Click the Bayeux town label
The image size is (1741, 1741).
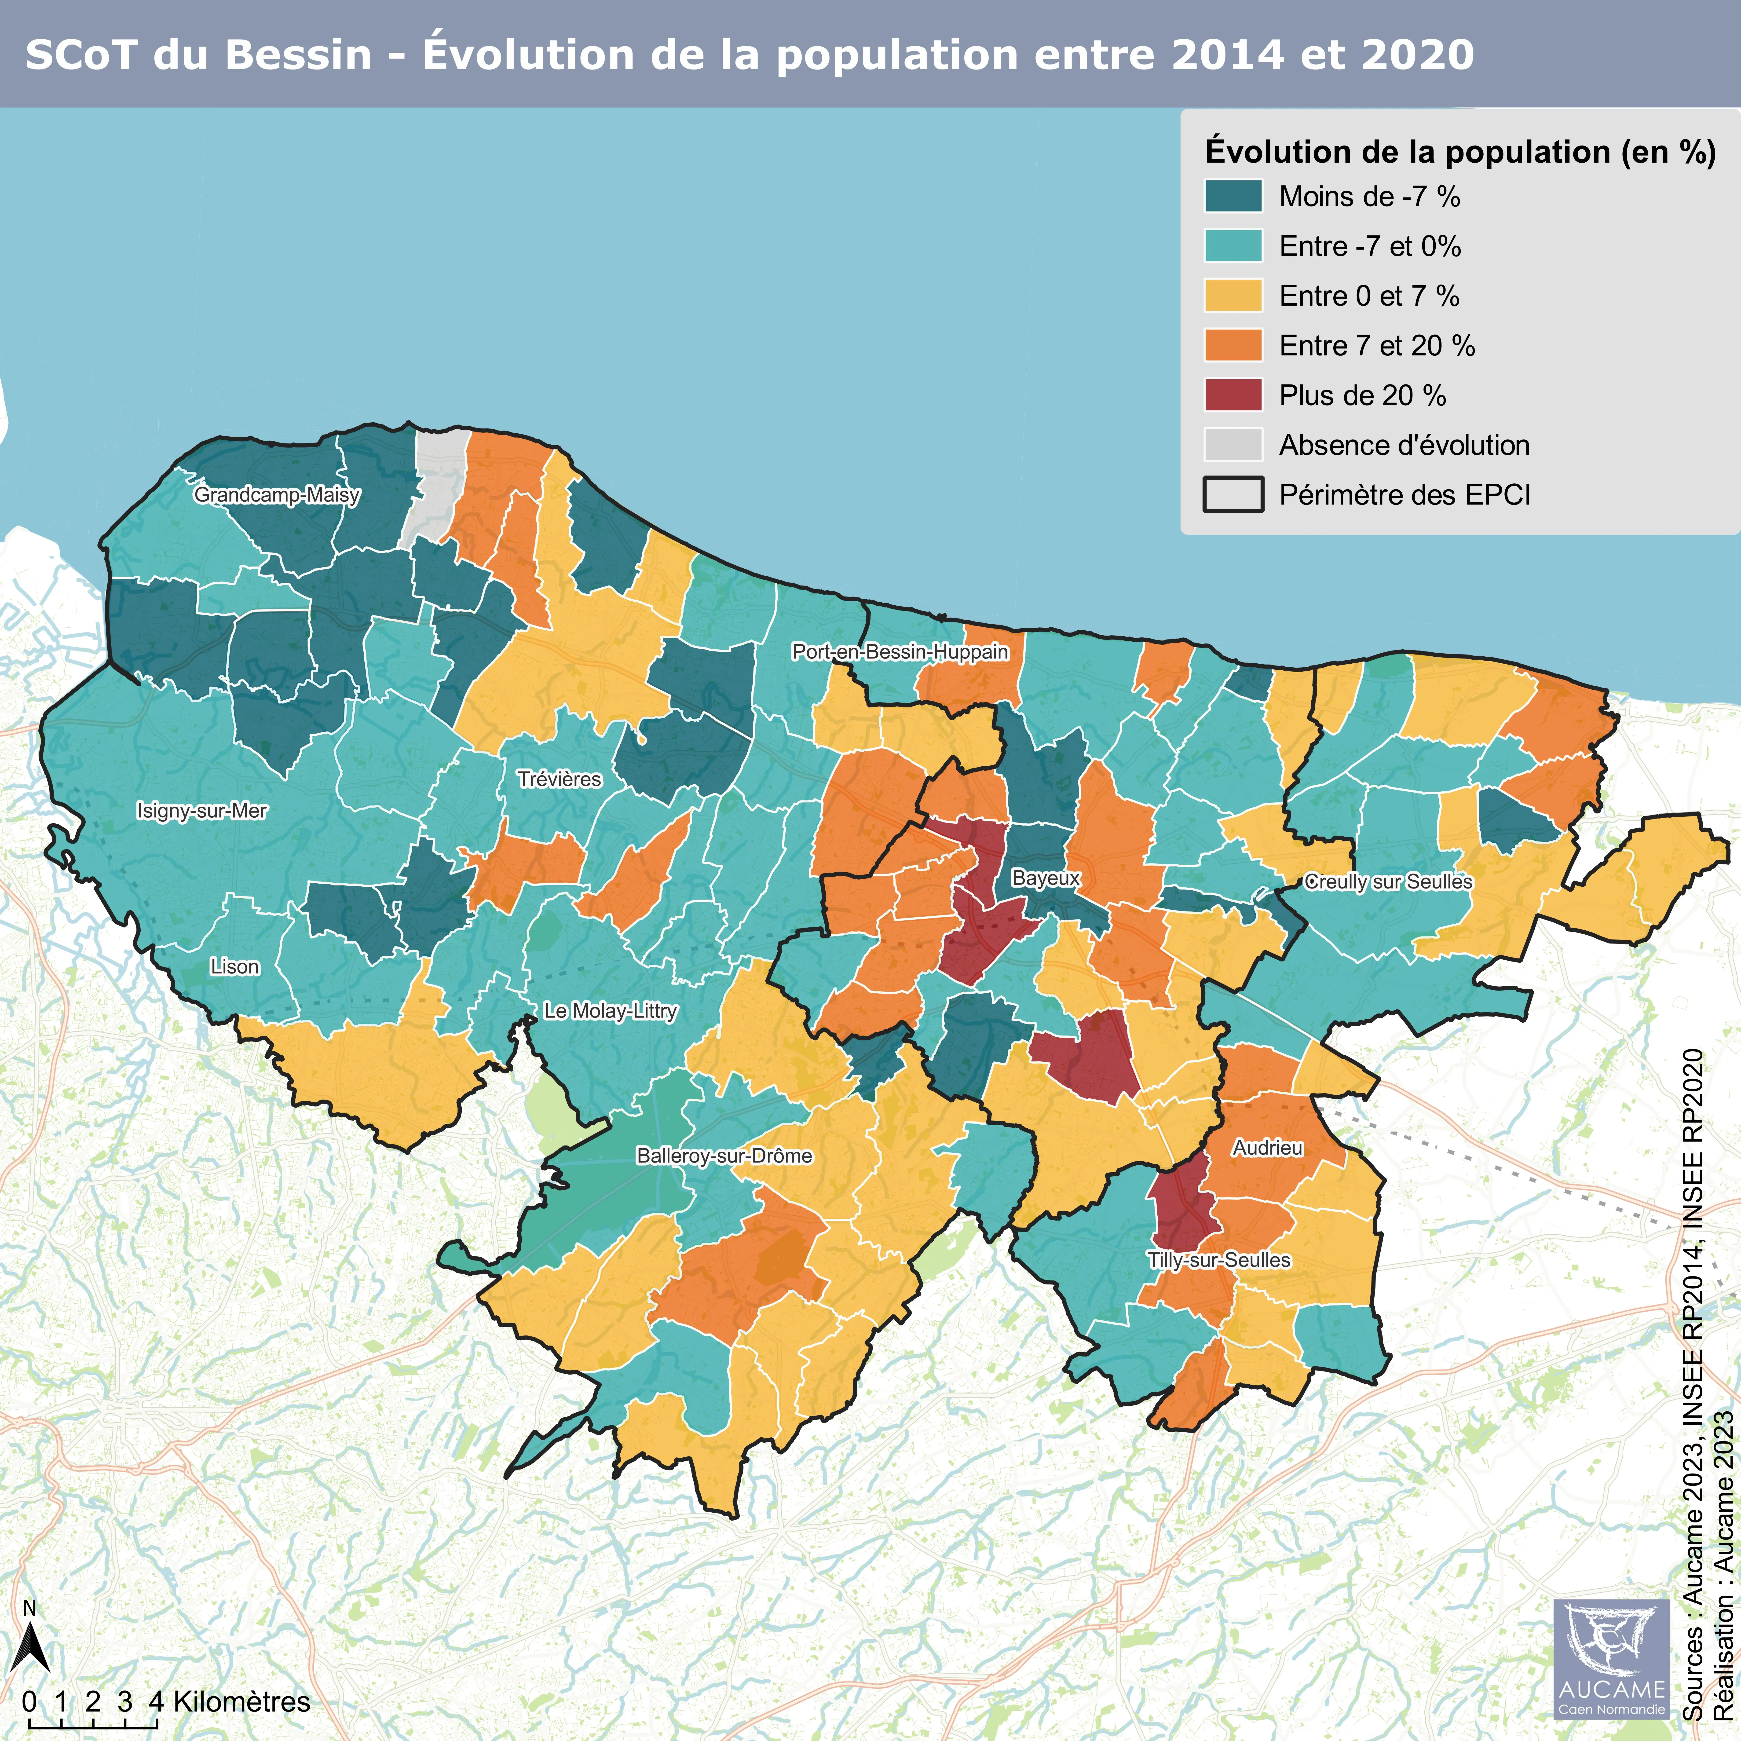pyautogui.click(x=1045, y=878)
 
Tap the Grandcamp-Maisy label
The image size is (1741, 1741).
pyautogui.click(x=277, y=495)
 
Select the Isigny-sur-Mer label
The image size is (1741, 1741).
pyautogui.click(x=202, y=811)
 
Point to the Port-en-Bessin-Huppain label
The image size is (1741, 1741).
pyautogui.click(x=900, y=651)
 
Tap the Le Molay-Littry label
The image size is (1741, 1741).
pyautogui.click(x=610, y=1011)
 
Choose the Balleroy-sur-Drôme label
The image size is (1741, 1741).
pyautogui.click(x=724, y=1156)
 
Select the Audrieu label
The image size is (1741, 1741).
pyautogui.click(x=1268, y=1148)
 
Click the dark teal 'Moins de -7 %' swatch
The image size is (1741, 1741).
pyautogui.click(x=1233, y=197)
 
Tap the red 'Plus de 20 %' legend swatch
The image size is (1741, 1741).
pyautogui.click(x=1233, y=395)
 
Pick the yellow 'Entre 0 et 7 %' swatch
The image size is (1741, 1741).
pyautogui.click(x=1233, y=296)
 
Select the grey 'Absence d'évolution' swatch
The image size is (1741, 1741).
pyautogui.click(x=1233, y=445)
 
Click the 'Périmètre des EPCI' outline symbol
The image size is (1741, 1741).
pyautogui.click(x=1233, y=495)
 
